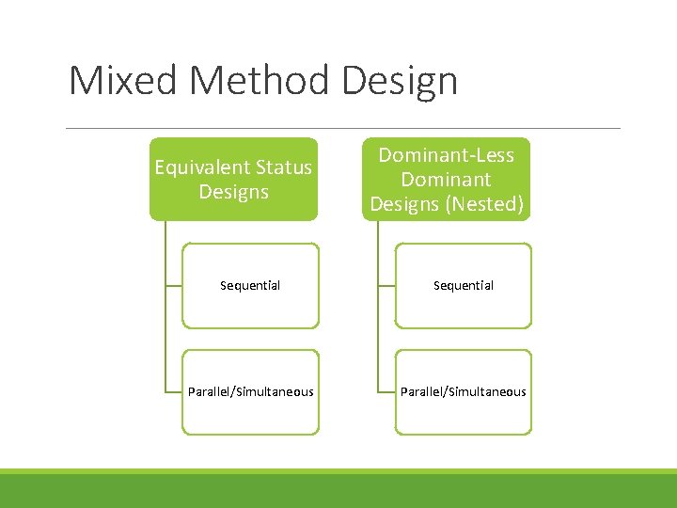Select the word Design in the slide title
[x=400, y=82]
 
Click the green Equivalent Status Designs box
[x=233, y=179]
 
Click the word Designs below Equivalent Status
[x=233, y=192]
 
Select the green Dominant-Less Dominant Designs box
[x=447, y=179]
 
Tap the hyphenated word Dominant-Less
[x=447, y=155]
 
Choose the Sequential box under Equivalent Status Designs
[x=250, y=285]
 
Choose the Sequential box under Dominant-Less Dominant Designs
[x=463, y=285]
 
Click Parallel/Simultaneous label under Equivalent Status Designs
[x=250, y=391]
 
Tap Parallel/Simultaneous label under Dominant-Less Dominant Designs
[x=463, y=391]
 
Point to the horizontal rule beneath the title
[x=344, y=128]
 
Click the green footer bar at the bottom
[x=338, y=490]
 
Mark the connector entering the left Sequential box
[x=173, y=285]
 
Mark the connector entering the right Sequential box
[x=386, y=285]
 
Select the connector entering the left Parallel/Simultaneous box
[x=173, y=391]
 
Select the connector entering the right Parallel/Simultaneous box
[x=386, y=391]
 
